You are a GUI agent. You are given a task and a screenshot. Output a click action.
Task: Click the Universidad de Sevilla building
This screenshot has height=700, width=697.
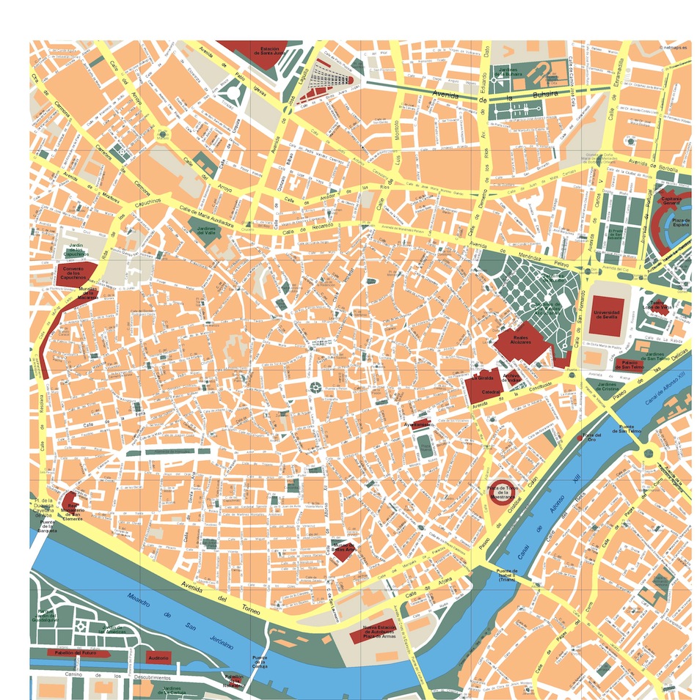click(x=607, y=317)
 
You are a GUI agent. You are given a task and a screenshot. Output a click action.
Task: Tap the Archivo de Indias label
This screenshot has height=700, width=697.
click(x=511, y=377)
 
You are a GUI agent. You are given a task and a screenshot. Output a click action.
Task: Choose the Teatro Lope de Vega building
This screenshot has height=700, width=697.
click(x=658, y=307)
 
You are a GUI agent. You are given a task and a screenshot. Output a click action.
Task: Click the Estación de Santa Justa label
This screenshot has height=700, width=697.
click(x=266, y=51)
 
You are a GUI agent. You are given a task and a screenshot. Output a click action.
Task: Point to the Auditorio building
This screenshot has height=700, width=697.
click(x=158, y=658)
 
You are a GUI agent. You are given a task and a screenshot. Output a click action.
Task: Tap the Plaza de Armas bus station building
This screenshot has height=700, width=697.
click(x=379, y=635)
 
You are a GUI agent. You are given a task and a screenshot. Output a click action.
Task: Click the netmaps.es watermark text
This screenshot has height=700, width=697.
click(x=674, y=48)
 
